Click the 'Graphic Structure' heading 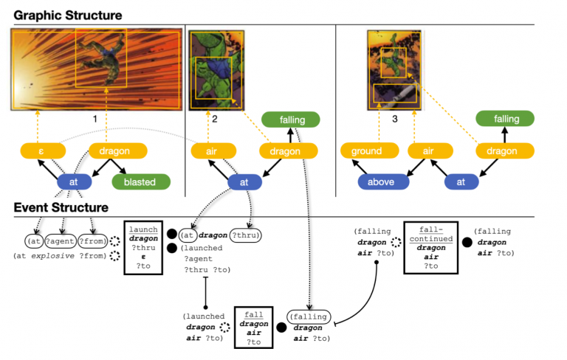pos(68,15)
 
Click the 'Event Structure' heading pos(61,207)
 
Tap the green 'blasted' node pos(141,181)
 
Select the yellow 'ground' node pos(368,151)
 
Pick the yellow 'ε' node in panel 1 pos(41,151)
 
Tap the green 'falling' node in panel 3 pos(506,119)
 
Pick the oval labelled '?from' pos(93,240)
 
